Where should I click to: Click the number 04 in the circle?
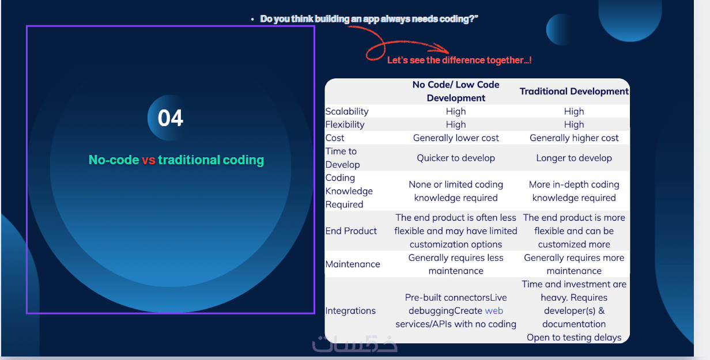pyautogui.click(x=170, y=118)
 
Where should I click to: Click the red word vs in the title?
pyautogui.click(x=148, y=160)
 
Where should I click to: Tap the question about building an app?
pyautogui.click(x=369, y=19)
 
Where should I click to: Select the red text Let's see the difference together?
pyautogui.click(x=459, y=60)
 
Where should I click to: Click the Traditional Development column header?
pyautogui.click(x=574, y=91)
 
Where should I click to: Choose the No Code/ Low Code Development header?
pyautogui.click(x=456, y=91)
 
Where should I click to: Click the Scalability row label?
pyautogui.click(x=347, y=112)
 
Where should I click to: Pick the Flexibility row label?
pyautogui.click(x=345, y=124)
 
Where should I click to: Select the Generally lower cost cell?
pyautogui.click(x=456, y=138)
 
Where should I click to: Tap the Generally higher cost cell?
pyautogui.click(x=574, y=138)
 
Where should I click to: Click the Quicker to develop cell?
pyautogui.click(x=456, y=158)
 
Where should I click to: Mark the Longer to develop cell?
pyautogui.click(x=574, y=158)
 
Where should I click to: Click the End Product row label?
pyautogui.click(x=351, y=231)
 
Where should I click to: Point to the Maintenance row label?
pyautogui.click(x=353, y=264)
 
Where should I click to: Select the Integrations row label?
pyautogui.click(x=350, y=310)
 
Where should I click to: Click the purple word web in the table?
pyautogui.click(x=494, y=310)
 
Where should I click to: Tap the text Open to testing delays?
pyautogui.click(x=574, y=337)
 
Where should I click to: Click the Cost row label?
pyautogui.click(x=334, y=138)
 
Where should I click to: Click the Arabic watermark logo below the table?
pyautogui.click(x=354, y=344)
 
